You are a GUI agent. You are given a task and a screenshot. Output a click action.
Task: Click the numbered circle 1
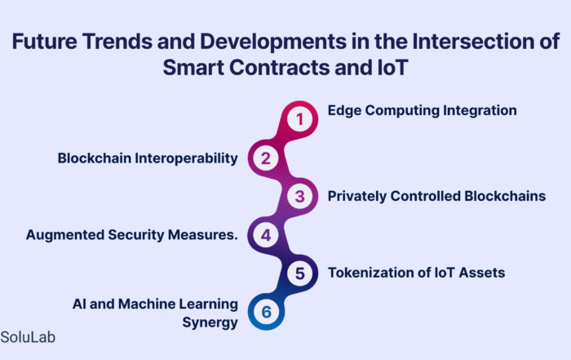pyautogui.click(x=299, y=119)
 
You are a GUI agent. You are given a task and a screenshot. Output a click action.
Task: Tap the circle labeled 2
pyautogui.click(x=266, y=158)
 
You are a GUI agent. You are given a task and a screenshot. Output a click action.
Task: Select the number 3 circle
pyautogui.click(x=299, y=197)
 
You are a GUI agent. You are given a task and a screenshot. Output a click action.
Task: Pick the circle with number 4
pyautogui.click(x=266, y=235)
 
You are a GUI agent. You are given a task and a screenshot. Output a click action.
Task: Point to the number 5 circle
pyautogui.click(x=299, y=273)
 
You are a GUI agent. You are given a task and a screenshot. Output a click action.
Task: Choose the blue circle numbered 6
pyautogui.click(x=266, y=312)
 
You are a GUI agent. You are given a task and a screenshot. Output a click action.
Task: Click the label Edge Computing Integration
pyautogui.click(x=422, y=111)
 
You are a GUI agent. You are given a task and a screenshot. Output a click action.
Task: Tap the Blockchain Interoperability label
pyautogui.click(x=148, y=158)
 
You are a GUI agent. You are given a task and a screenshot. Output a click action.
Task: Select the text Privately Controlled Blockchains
pyautogui.click(x=436, y=197)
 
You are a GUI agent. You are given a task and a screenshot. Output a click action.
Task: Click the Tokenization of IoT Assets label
pyautogui.click(x=416, y=273)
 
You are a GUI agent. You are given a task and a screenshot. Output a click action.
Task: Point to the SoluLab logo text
pyautogui.click(x=28, y=337)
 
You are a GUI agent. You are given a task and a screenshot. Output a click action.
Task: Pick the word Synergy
pyautogui.click(x=210, y=322)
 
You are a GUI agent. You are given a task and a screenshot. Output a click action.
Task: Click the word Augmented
pyautogui.click(x=64, y=235)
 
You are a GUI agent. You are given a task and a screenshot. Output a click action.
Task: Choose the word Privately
pyautogui.click(x=357, y=197)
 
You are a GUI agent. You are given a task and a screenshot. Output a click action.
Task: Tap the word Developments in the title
pyautogui.click(x=273, y=42)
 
